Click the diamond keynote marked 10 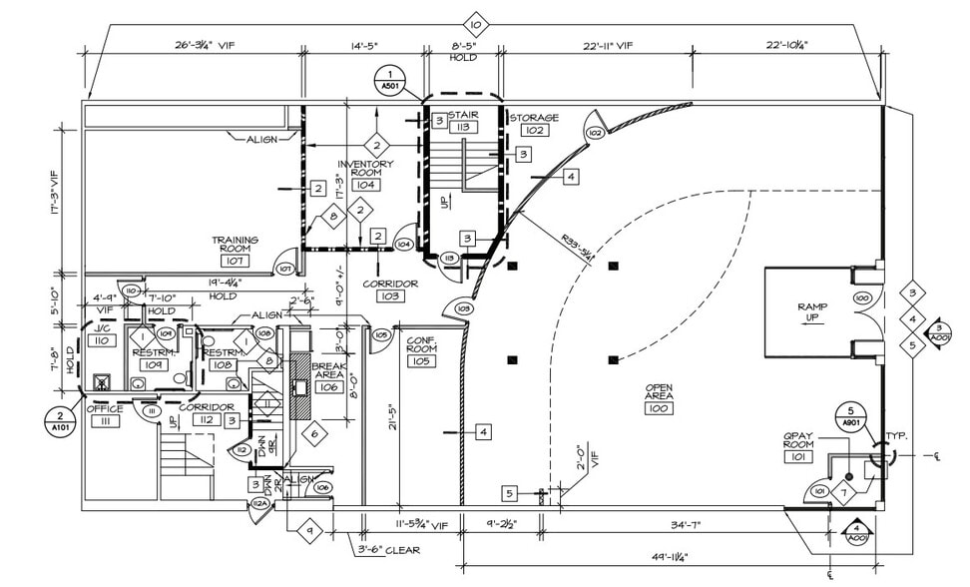click(x=475, y=23)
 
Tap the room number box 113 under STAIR click(x=462, y=128)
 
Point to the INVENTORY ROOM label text click(x=365, y=170)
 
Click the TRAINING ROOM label click(x=235, y=245)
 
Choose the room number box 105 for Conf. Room click(x=420, y=361)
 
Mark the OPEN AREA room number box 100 click(x=659, y=409)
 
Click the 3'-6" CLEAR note click(x=389, y=550)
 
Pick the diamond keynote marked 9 click(x=309, y=530)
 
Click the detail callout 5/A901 click(x=851, y=415)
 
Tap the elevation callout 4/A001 click(x=855, y=532)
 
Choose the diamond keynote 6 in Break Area click(x=313, y=433)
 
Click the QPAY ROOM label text click(x=797, y=441)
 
